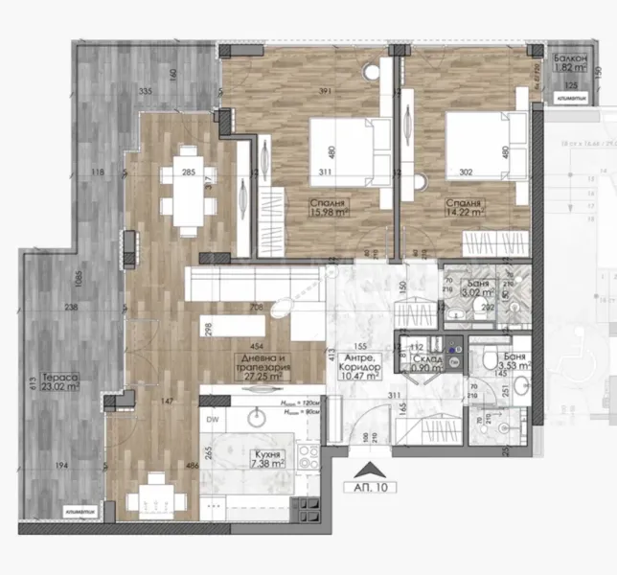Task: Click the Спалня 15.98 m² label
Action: coord(328,210)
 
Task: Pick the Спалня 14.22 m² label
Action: coord(465,210)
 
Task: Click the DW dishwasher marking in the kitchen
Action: coord(212,418)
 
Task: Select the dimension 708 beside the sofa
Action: coord(255,308)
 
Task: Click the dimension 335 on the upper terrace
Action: coord(146,90)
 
